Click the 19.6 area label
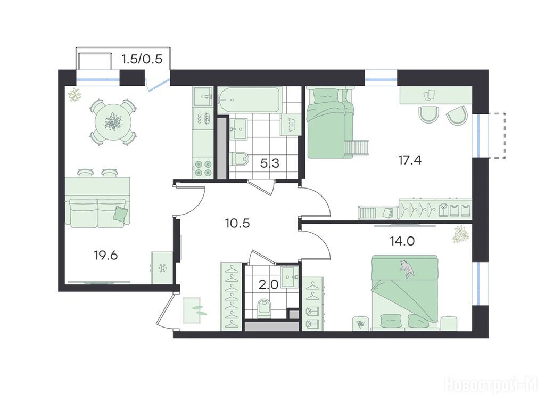point(106,256)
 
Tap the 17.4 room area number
point(409,160)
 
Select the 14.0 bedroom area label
point(402,241)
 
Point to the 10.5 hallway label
point(237,223)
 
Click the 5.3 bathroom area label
point(270,163)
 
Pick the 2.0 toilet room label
point(268,285)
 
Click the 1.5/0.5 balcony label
point(142,59)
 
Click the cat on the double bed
point(407,269)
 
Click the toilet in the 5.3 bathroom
point(240,159)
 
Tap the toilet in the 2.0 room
point(266,308)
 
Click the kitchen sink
point(203,96)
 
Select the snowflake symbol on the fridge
point(162,268)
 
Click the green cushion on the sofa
point(120,213)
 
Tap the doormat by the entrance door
point(192,310)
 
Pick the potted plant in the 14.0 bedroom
point(461,234)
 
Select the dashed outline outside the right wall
point(498,136)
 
